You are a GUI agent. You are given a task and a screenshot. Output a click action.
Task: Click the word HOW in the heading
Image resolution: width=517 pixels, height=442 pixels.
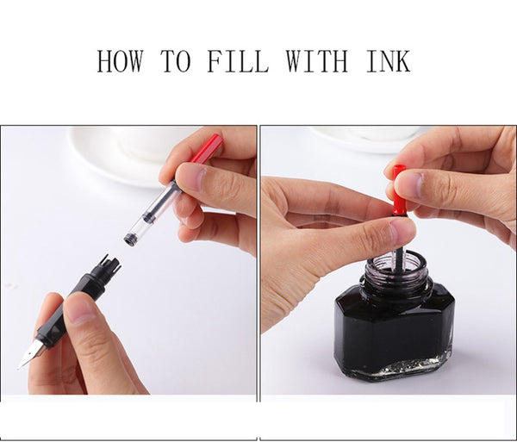tap(120, 61)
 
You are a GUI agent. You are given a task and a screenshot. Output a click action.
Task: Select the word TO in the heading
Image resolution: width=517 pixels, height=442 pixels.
tap(176, 61)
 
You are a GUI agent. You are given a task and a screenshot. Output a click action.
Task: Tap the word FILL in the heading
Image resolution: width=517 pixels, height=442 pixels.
tap(238, 61)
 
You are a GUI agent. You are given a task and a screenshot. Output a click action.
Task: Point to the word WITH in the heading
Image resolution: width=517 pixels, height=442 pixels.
tap(316, 61)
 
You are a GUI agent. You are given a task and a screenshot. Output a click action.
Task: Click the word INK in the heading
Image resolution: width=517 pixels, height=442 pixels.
tap(389, 61)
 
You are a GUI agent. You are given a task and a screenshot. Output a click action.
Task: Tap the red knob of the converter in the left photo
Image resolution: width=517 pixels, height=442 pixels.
tap(207, 148)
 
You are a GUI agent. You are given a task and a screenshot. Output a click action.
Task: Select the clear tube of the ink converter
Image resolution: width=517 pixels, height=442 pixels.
tap(154, 211)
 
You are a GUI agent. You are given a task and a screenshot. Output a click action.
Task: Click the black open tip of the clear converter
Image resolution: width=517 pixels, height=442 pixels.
tap(130, 239)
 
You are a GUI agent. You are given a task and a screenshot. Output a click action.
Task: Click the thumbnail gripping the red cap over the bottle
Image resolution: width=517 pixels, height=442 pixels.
tap(408, 185)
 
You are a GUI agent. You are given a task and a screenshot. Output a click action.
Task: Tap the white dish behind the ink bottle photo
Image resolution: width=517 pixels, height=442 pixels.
tap(366, 139)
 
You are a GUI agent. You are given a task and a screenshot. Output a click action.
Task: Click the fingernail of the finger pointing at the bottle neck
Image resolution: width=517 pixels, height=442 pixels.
tap(402, 230)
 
